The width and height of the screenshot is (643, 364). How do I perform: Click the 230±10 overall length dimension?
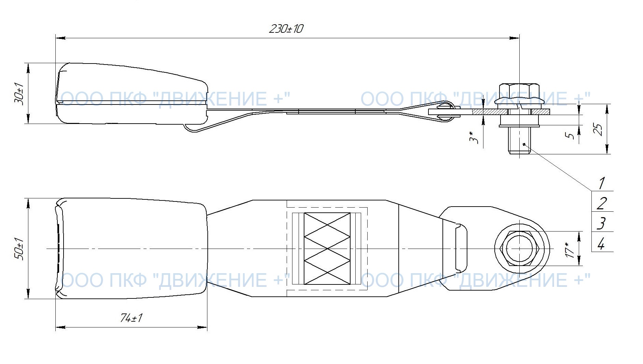[x=286, y=29]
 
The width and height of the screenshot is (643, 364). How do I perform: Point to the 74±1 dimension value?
[x=131, y=318]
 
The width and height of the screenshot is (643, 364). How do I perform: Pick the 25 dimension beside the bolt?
[x=599, y=129]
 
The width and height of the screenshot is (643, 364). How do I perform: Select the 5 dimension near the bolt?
[x=570, y=135]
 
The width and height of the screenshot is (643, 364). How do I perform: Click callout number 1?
[x=602, y=183]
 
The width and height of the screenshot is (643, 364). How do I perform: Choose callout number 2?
[x=602, y=204]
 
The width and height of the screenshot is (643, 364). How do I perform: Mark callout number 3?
[x=602, y=223]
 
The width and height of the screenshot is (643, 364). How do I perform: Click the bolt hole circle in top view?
[x=519, y=249]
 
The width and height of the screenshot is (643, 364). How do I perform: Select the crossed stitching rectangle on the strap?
[x=327, y=249]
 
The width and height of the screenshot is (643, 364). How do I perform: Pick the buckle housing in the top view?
[x=131, y=249]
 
